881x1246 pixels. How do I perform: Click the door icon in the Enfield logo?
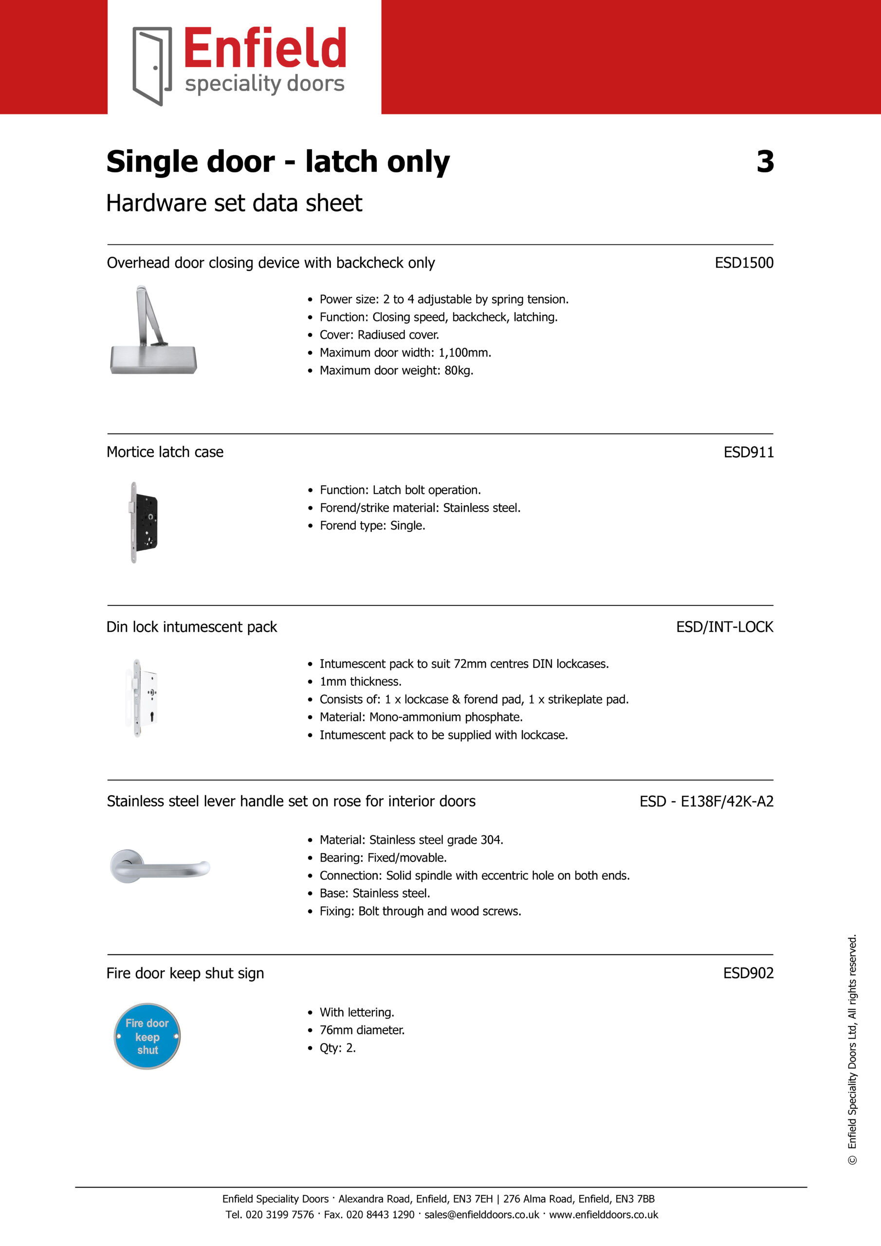coord(152,66)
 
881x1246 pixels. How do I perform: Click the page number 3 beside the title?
coord(765,161)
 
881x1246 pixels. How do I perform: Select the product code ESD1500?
coord(744,263)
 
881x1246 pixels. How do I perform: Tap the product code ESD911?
coord(748,452)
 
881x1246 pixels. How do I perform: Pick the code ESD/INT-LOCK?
coord(724,627)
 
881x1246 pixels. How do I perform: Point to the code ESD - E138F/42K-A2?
coord(706,801)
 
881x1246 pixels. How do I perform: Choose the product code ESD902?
coord(748,973)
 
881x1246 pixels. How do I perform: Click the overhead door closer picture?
coord(153,330)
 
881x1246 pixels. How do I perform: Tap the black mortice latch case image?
coord(144,522)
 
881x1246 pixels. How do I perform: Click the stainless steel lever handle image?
coord(159,867)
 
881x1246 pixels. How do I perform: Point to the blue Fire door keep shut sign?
coord(147,1037)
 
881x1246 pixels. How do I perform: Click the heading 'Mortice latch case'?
coord(165,452)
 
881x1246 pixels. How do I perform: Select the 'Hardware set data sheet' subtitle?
coord(234,203)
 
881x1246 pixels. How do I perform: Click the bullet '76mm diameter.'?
coord(362,1030)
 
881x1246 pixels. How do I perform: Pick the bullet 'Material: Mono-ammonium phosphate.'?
coord(421,717)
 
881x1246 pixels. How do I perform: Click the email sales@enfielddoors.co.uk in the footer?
coord(481,1214)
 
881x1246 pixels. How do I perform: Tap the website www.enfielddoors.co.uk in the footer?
coord(603,1214)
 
